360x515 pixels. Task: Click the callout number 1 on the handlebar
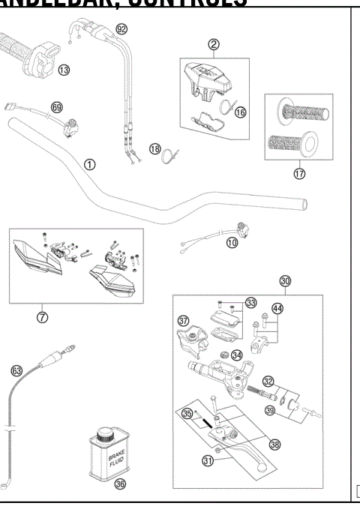90,164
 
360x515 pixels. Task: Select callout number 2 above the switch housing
214,44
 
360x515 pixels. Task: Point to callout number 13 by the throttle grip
64,70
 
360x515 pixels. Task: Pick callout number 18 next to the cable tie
154,148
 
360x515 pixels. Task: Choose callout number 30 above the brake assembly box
285,281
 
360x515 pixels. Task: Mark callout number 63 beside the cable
16,370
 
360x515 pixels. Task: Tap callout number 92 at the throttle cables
121,28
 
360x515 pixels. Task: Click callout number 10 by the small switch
232,243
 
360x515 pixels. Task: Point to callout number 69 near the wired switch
56,107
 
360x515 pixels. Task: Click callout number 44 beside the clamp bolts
277,308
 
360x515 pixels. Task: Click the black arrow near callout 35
203,422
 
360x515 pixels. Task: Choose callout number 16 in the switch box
240,112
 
